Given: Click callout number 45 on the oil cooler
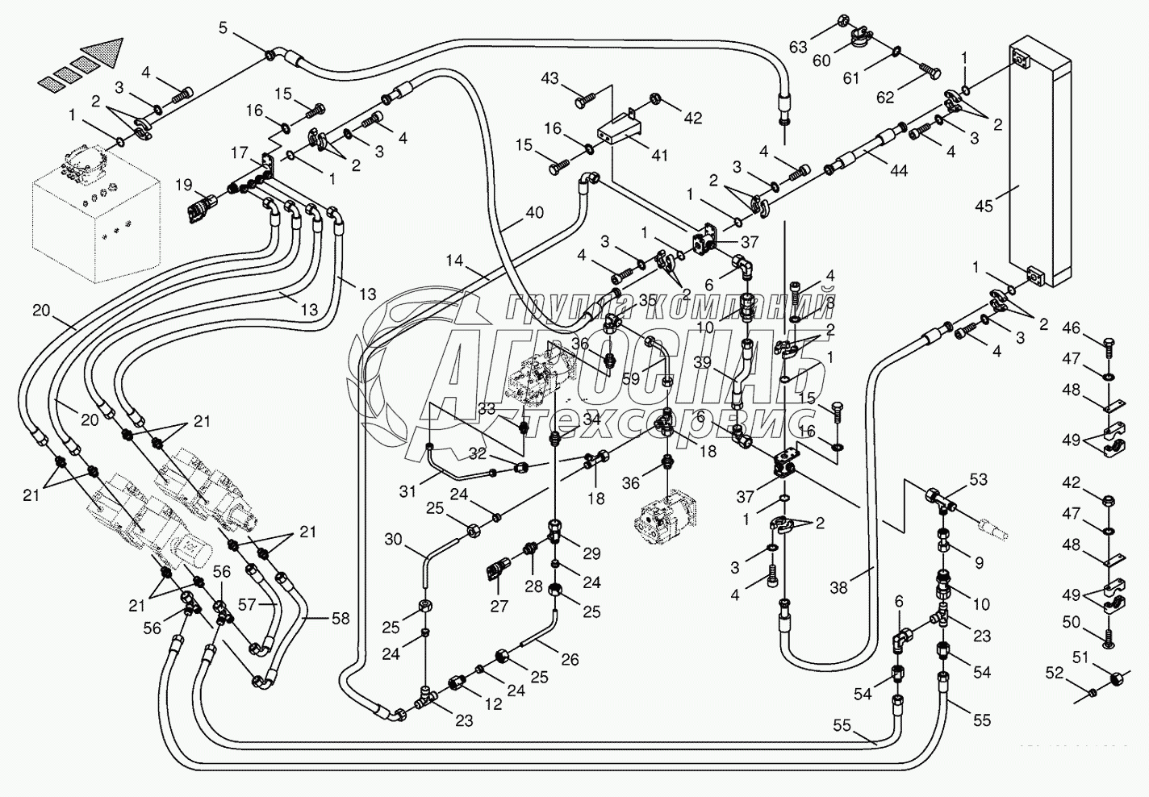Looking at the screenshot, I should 984,206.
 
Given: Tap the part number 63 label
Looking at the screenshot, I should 798,47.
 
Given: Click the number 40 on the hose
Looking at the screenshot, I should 534,214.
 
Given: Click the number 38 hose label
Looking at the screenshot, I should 839,588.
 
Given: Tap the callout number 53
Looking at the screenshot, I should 978,481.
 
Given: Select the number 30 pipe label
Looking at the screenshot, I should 393,539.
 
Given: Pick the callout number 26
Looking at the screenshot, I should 570,659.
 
